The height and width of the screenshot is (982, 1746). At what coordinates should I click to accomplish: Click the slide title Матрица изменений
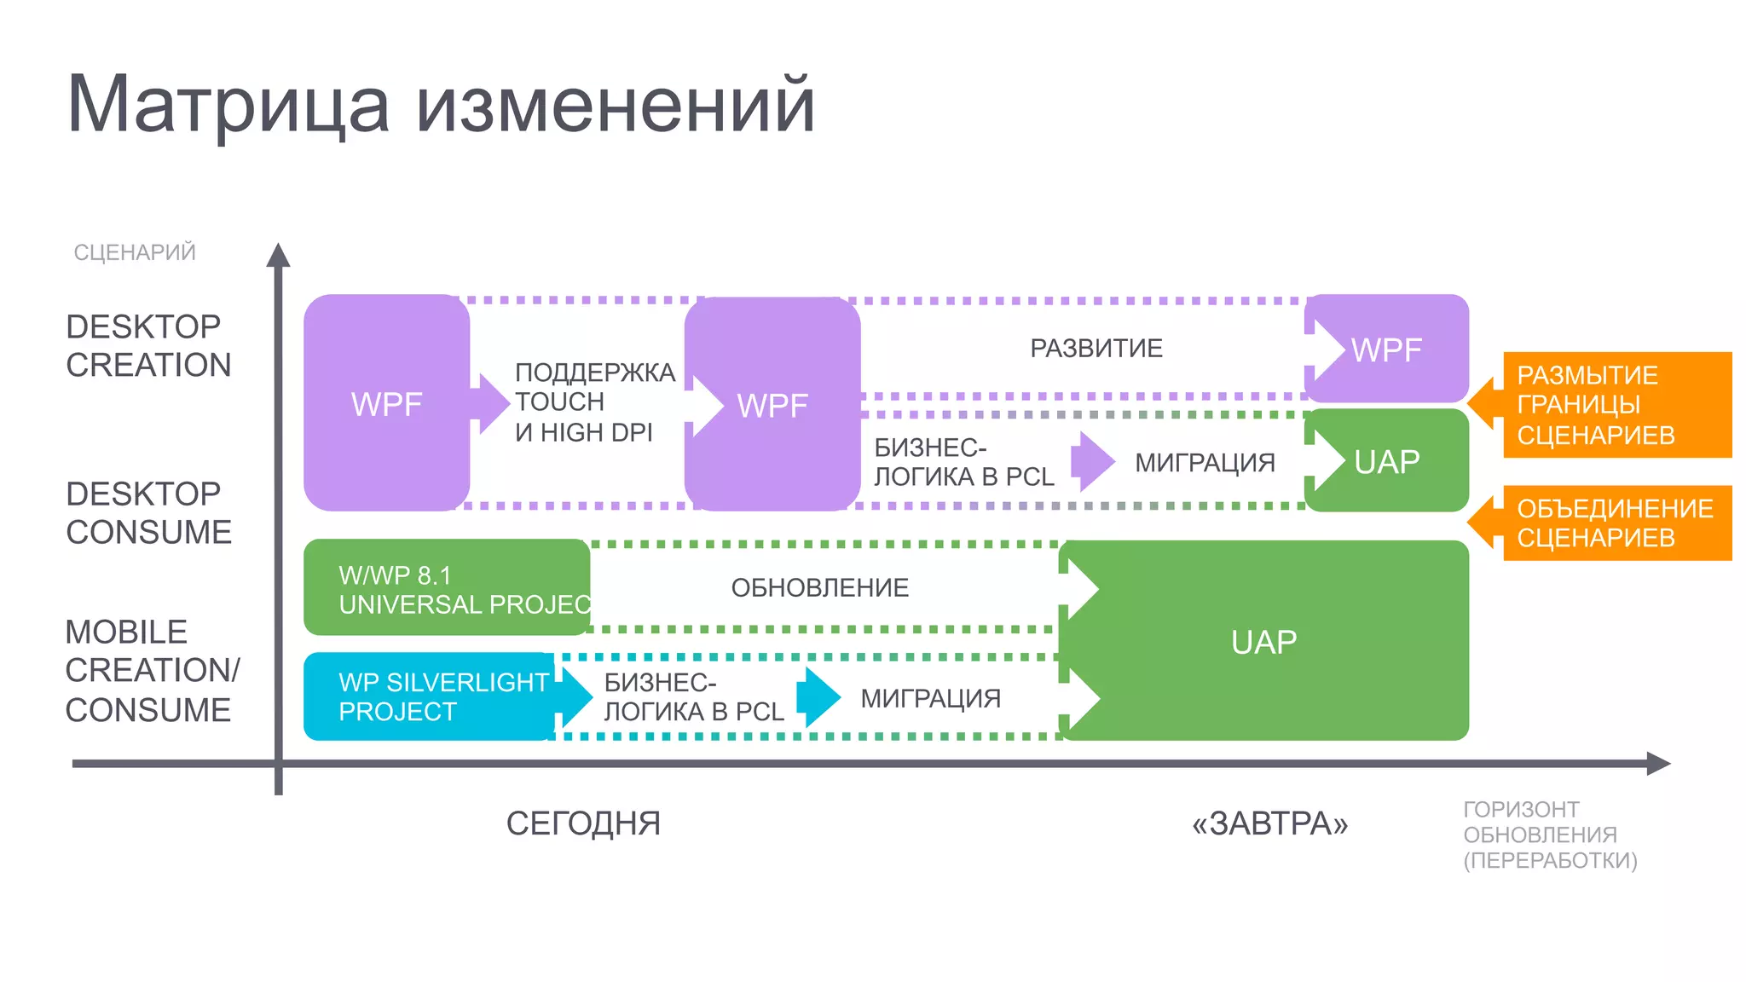coord(441,105)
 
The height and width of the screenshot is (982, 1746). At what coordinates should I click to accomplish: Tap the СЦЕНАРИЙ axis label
coord(135,252)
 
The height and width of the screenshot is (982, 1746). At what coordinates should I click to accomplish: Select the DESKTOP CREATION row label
coord(148,345)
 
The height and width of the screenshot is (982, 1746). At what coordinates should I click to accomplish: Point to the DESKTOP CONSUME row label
coord(148,512)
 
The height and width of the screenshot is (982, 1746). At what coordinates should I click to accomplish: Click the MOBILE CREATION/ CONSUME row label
coord(152,671)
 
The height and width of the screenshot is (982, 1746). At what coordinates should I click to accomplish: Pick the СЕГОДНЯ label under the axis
coord(583,823)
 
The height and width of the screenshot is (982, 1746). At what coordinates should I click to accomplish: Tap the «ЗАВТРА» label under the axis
coord(1269,823)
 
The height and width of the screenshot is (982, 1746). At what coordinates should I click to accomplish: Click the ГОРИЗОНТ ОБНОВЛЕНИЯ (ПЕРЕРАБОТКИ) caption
coord(1549,835)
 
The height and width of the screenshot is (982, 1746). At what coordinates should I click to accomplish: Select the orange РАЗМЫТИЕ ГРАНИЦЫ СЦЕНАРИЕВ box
coord(1616,405)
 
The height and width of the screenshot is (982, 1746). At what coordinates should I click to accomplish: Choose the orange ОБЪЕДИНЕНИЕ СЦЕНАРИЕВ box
coord(1616,523)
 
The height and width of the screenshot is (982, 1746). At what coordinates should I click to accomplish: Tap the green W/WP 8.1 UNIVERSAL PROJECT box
coord(446,588)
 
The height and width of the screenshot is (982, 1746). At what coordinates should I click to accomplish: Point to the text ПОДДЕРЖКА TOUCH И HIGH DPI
coord(594,402)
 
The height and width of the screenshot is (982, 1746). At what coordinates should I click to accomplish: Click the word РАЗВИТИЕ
coord(1096,349)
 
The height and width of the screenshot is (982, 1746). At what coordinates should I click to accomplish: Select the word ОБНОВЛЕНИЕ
coord(819,587)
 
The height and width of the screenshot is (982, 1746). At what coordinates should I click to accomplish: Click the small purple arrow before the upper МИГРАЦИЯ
coord(1092,461)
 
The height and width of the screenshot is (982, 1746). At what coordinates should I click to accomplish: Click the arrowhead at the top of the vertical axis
coord(278,255)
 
